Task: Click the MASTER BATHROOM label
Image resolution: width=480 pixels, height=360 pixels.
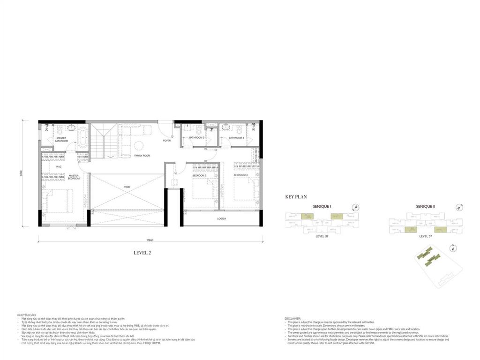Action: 61,139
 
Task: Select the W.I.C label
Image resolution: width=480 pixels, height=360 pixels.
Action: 59,166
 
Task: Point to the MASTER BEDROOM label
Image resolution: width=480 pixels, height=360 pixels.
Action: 73,177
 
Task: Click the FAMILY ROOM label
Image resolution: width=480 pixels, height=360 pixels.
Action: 142,155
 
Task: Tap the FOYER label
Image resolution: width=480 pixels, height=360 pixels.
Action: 167,140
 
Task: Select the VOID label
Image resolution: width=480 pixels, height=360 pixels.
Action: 127,187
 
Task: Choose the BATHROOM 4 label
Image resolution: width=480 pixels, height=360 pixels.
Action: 235,138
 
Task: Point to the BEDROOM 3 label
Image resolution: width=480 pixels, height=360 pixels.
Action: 199,176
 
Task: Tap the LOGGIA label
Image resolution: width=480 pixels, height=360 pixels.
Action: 222,218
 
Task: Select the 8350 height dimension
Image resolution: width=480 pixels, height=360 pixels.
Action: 22,173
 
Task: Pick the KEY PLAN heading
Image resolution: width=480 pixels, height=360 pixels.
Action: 296,197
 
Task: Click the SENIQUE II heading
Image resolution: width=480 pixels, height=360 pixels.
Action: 426,206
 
